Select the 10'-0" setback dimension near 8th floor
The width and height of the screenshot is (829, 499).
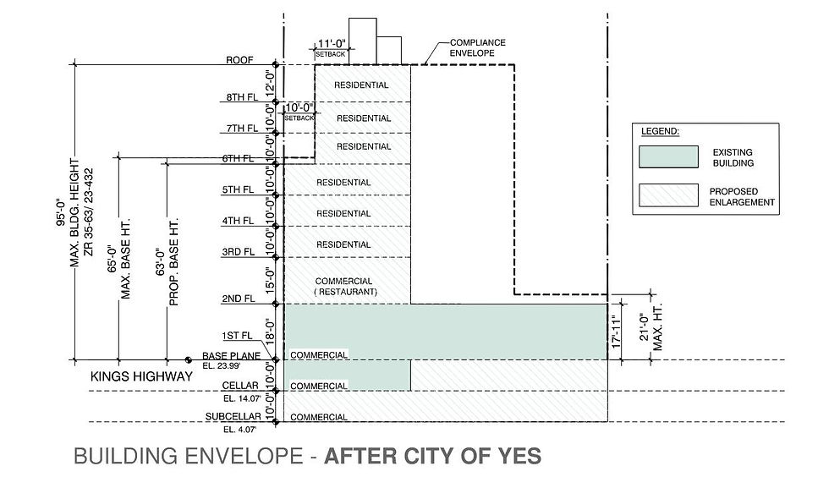[x=299, y=107]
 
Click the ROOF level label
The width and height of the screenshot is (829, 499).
[x=240, y=61]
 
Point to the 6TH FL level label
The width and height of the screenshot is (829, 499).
[x=237, y=159]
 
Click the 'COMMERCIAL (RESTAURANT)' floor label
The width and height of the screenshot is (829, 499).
[x=345, y=287]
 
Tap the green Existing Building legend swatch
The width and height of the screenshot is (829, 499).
[x=668, y=157]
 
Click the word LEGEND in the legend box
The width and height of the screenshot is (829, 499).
[x=661, y=132]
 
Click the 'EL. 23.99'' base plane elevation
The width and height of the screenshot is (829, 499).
[x=222, y=366]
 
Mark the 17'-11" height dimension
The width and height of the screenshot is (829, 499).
[x=619, y=331]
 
